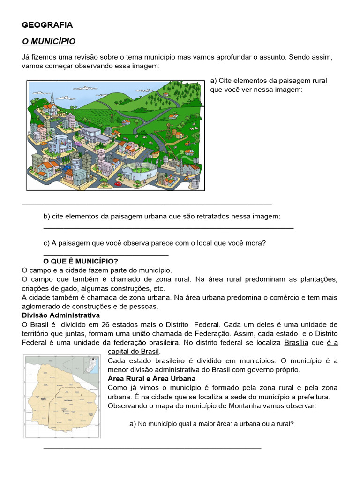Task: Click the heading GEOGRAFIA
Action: [x=47, y=25]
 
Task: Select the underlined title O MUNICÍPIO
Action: [x=49, y=42]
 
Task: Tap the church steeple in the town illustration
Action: [x=52, y=99]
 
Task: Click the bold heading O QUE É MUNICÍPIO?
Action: [x=81, y=261]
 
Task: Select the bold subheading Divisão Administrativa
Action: [x=61, y=315]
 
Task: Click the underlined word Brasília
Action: [x=296, y=343]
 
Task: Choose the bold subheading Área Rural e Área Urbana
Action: [x=152, y=378]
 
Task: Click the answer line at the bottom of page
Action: [x=152, y=448]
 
